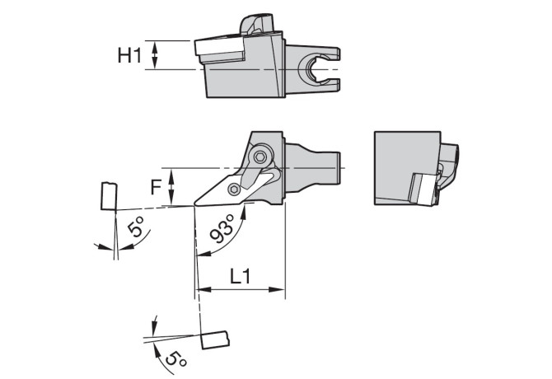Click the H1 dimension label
tap(129, 55)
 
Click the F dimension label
tap(156, 187)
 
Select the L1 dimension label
tap(241, 276)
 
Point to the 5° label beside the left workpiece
tap(136, 227)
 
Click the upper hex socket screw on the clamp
tap(260, 157)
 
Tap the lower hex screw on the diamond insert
tap(234, 189)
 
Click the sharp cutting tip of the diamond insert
tap(194, 204)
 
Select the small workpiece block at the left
tap(109, 196)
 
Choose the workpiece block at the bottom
tap(215, 340)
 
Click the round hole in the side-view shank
tap(312, 68)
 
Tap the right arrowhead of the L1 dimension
tap(278, 290)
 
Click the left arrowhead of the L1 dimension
tap(203, 290)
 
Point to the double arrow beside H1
tap(155, 55)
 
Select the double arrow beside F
tap(171, 187)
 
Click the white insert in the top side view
tap(218, 48)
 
